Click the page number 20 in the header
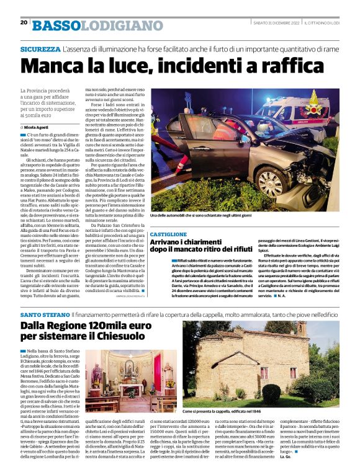click(x=24, y=22)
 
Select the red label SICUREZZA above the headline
click(x=40, y=48)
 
